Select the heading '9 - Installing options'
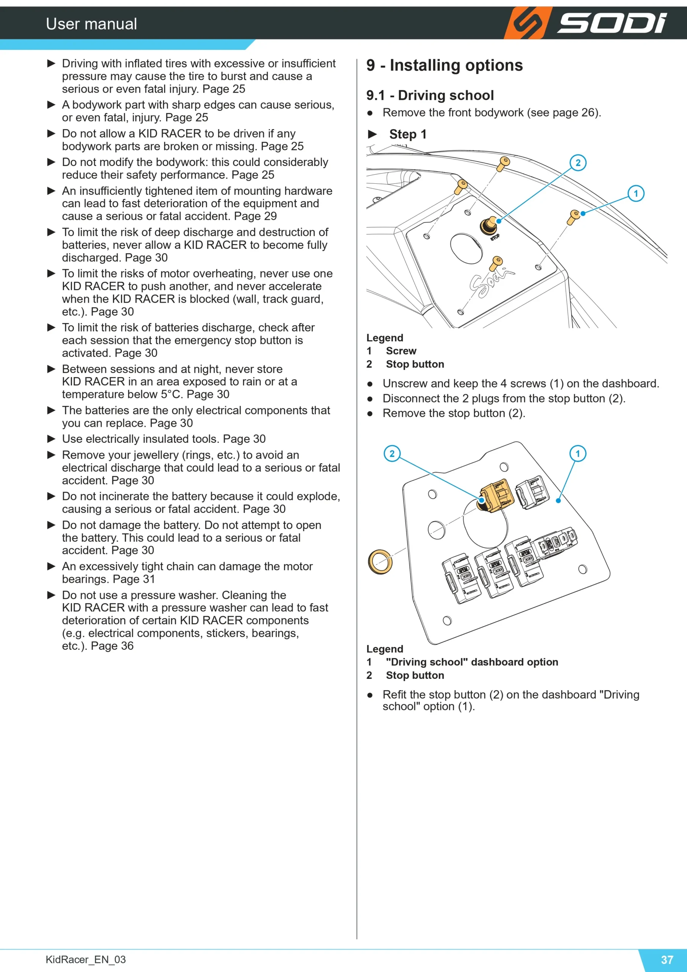445,65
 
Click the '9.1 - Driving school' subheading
430,95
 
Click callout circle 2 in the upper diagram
578,163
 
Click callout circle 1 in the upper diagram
636,194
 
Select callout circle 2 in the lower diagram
392,453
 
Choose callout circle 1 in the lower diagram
578,453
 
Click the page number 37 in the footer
667,960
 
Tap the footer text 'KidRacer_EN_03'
86,959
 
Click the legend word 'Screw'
401,351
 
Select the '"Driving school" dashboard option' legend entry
472,662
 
